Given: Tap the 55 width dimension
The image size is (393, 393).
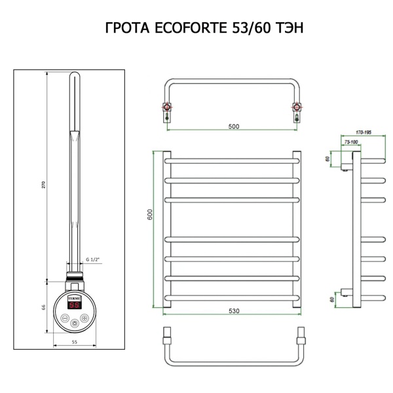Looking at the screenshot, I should tap(75, 342).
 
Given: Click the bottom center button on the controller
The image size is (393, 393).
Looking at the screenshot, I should tap(76, 323).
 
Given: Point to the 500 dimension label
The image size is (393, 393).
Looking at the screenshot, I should tap(233, 126).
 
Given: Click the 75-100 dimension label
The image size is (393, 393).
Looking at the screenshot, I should tap(351, 141).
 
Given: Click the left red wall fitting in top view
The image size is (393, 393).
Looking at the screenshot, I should tap(168, 107).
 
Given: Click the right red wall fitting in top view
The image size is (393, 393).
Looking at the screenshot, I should tap(297, 107).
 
